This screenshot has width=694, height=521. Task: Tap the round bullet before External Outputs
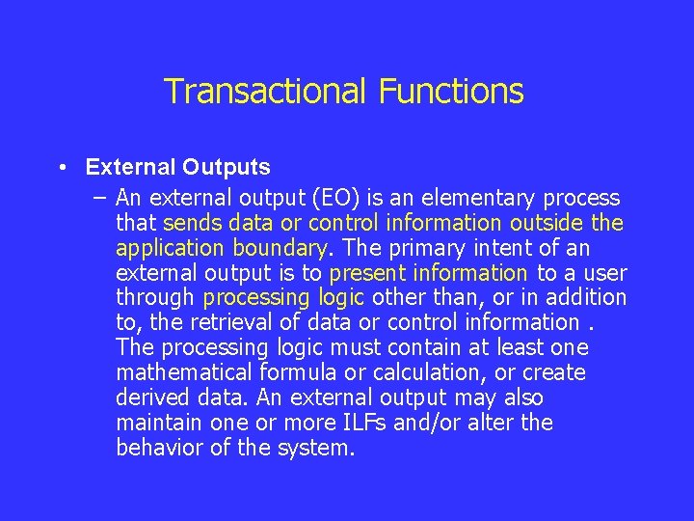[x=61, y=167]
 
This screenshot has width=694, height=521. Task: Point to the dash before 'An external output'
[x=100, y=198]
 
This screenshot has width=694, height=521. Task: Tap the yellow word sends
[x=192, y=223]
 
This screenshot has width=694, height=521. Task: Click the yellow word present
[x=364, y=273]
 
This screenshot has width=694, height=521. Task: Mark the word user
[x=604, y=273]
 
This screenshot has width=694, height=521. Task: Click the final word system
[x=317, y=449]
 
